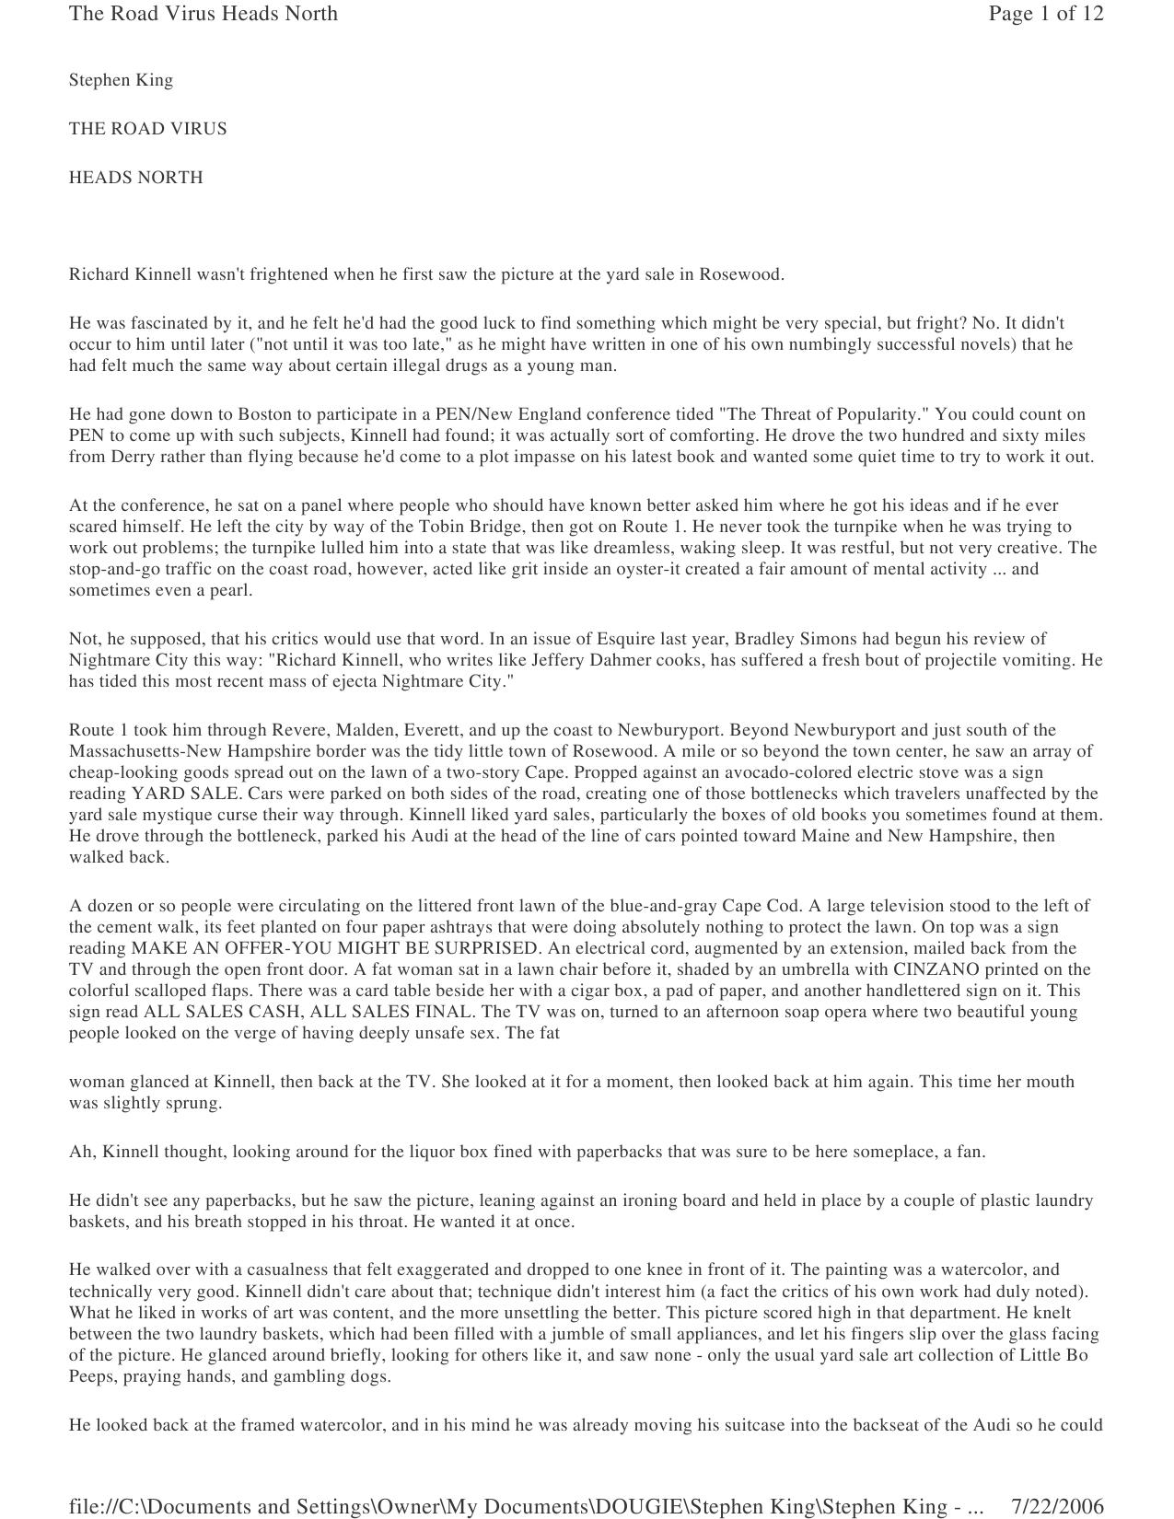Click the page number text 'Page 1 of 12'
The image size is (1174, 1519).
coord(1045,14)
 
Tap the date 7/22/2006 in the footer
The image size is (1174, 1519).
coord(1057,1506)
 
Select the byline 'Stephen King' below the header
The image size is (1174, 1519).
coord(121,80)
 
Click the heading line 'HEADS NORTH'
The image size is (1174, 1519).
coord(135,178)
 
